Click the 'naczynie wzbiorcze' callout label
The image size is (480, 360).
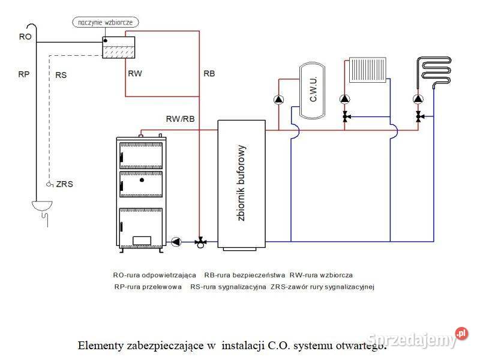(x=106, y=23)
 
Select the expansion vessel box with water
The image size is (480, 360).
(x=118, y=49)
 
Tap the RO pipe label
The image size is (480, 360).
(x=25, y=37)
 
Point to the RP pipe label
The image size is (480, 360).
(x=25, y=75)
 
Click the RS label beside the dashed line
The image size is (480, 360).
(x=61, y=76)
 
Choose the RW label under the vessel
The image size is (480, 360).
(x=135, y=73)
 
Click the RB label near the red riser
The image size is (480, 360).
(x=209, y=73)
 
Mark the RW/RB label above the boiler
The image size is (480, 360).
(x=180, y=119)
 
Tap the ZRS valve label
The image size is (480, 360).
(x=64, y=184)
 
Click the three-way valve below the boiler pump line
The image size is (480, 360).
(x=200, y=242)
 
